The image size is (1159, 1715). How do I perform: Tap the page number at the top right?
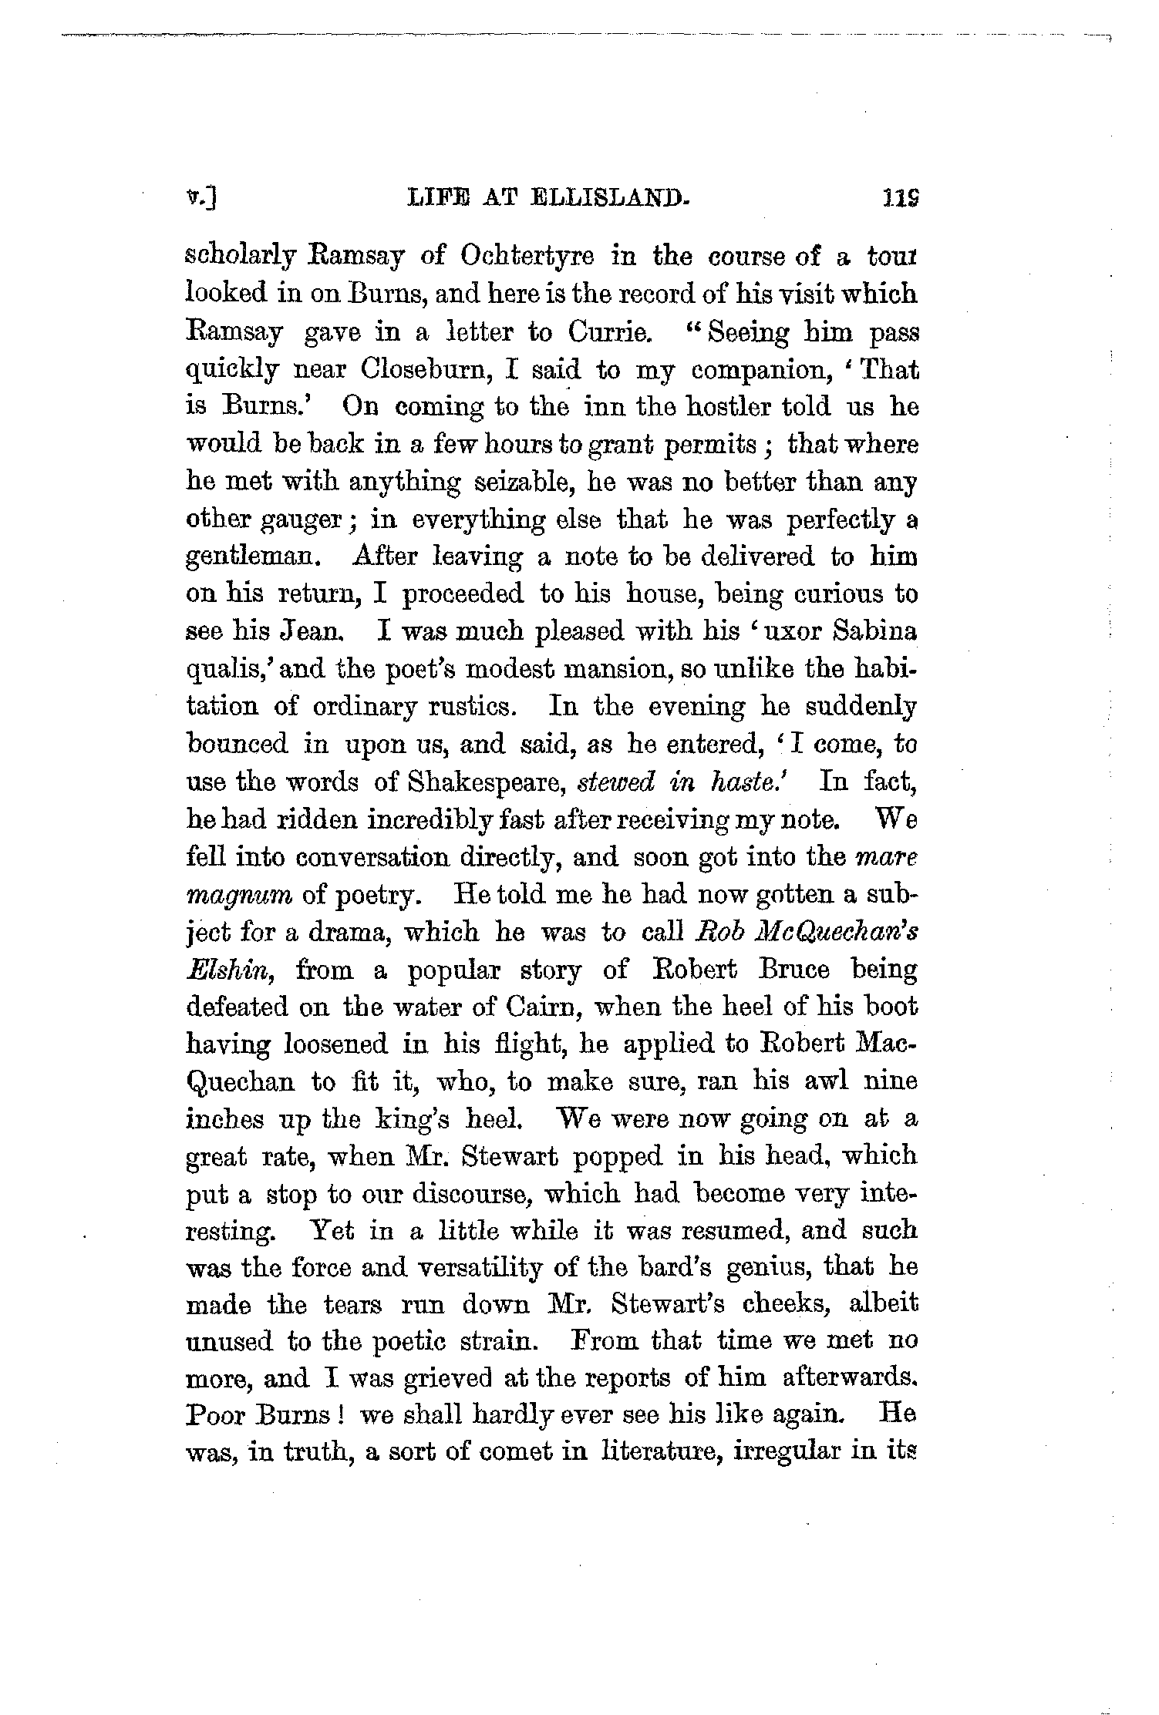[x=901, y=200]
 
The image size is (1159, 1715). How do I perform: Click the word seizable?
[x=526, y=483]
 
